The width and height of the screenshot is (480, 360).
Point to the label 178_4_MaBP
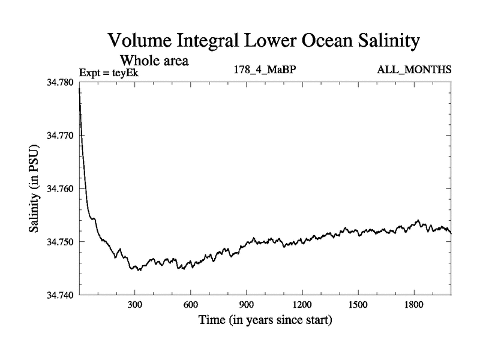(x=265, y=70)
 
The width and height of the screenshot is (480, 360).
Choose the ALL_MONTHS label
(x=414, y=70)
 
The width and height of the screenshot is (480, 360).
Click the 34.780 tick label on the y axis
(x=61, y=82)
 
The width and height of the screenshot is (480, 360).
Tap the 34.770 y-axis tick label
(x=61, y=136)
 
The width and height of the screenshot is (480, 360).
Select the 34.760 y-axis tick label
(x=61, y=188)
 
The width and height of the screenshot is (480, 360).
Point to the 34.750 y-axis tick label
(x=61, y=242)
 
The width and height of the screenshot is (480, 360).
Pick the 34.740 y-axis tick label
(x=61, y=295)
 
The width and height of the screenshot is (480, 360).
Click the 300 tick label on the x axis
(x=135, y=305)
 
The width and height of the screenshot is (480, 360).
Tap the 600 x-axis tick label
(x=191, y=305)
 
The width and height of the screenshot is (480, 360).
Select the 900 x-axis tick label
(x=247, y=305)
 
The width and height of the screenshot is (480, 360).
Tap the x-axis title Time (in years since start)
(x=265, y=320)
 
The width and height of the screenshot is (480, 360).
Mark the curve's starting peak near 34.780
(x=80, y=90)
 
